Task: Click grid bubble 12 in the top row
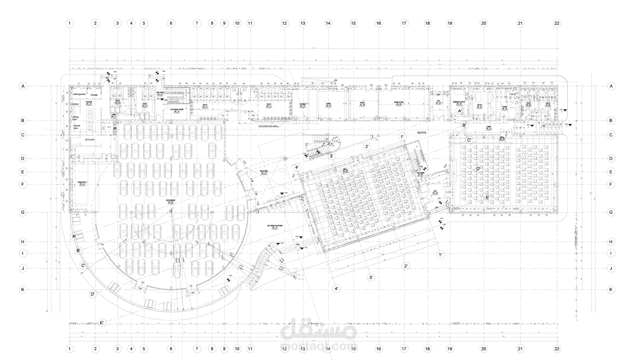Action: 285,24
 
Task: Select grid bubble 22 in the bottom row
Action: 557,348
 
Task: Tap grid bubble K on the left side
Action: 23,289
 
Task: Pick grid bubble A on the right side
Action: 611,86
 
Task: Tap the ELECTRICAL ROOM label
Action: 176,110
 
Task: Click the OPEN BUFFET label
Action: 82,182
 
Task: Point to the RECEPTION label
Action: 264,171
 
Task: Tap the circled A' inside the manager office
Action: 460,111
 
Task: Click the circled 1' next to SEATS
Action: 402,137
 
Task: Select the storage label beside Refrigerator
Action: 94,95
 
